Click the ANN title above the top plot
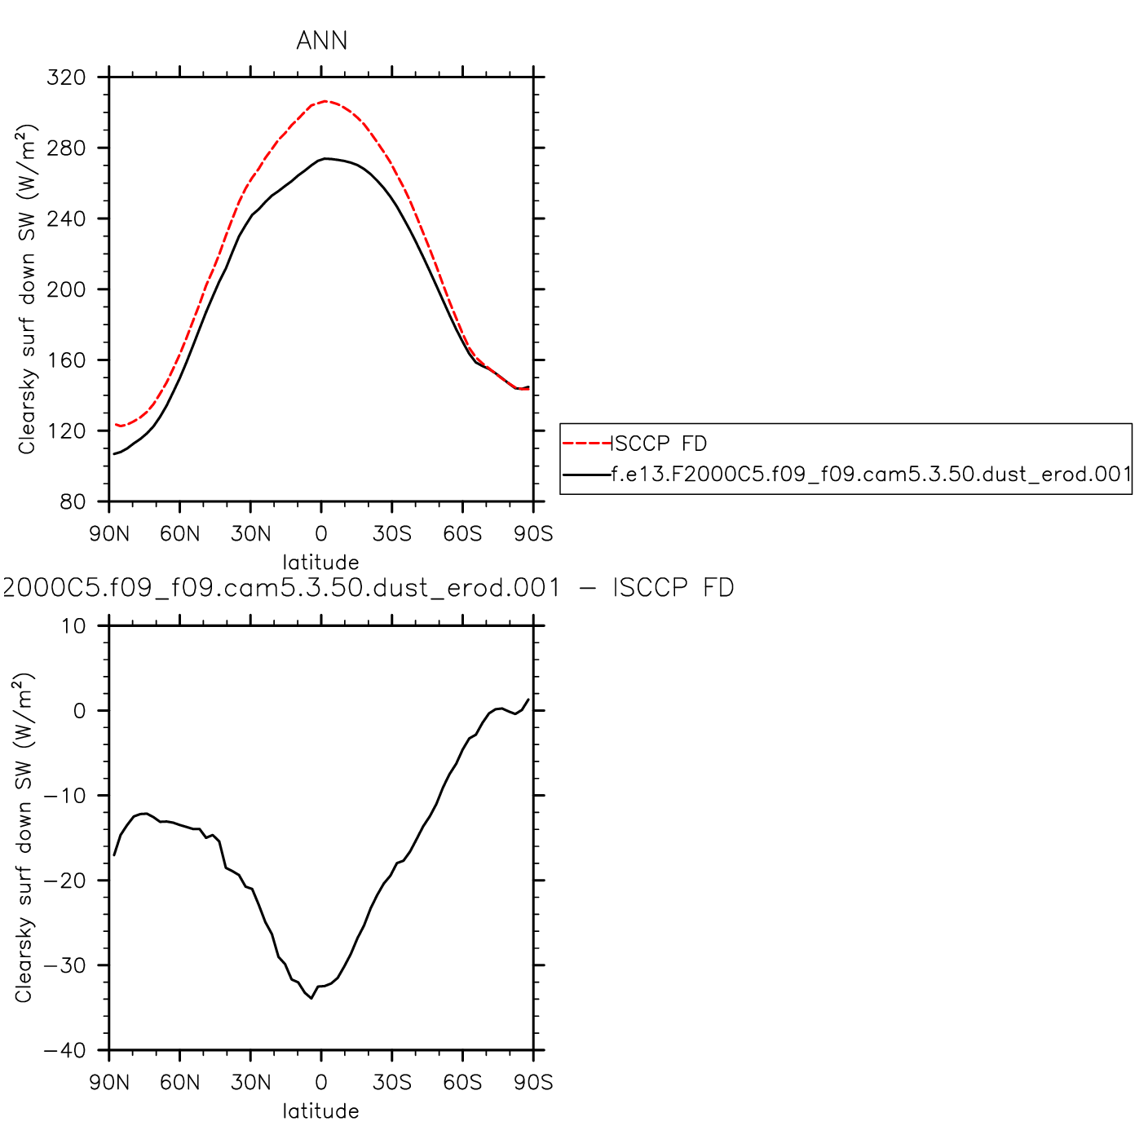tap(321, 41)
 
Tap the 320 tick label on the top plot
tap(67, 77)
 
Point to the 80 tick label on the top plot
tap(73, 501)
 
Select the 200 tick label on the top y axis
tap(67, 289)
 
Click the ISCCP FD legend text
tap(660, 444)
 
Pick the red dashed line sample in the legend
tap(586, 444)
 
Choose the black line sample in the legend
tap(586, 474)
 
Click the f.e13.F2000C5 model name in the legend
tap(871, 474)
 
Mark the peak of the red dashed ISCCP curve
tap(326, 101)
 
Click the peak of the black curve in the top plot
tap(325, 158)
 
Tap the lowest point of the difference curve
tap(311, 998)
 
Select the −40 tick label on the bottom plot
tap(65, 1050)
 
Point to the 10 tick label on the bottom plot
tap(73, 626)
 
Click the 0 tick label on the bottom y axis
tap(79, 711)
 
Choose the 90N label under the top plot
tap(109, 534)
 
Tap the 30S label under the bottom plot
tap(392, 1083)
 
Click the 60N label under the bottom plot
tap(179, 1083)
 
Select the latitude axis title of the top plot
tap(320, 562)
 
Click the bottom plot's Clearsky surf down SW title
tap(24, 838)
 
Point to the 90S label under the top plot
tap(533, 534)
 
